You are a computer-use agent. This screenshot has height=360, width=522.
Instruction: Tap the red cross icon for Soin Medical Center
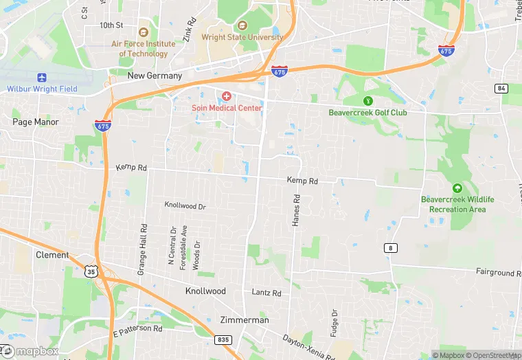tap(226, 96)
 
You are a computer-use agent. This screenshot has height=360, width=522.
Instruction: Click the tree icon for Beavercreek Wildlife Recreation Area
tap(457, 188)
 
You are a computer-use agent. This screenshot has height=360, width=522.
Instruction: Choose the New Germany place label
tap(155, 76)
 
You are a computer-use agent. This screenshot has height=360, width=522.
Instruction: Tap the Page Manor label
tap(36, 122)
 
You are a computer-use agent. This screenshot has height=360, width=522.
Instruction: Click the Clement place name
tap(52, 255)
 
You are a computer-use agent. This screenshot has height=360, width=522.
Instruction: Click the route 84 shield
tap(501, 88)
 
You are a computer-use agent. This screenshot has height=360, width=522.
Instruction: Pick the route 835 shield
tap(223, 339)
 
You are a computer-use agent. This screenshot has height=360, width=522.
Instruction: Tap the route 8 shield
tap(390, 247)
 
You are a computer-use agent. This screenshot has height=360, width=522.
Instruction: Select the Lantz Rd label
tap(266, 293)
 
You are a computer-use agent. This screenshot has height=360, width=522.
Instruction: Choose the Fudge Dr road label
tap(334, 323)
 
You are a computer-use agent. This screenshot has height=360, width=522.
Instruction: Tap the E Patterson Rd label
tap(137, 330)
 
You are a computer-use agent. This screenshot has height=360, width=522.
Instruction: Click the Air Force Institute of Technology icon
tap(143, 32)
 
